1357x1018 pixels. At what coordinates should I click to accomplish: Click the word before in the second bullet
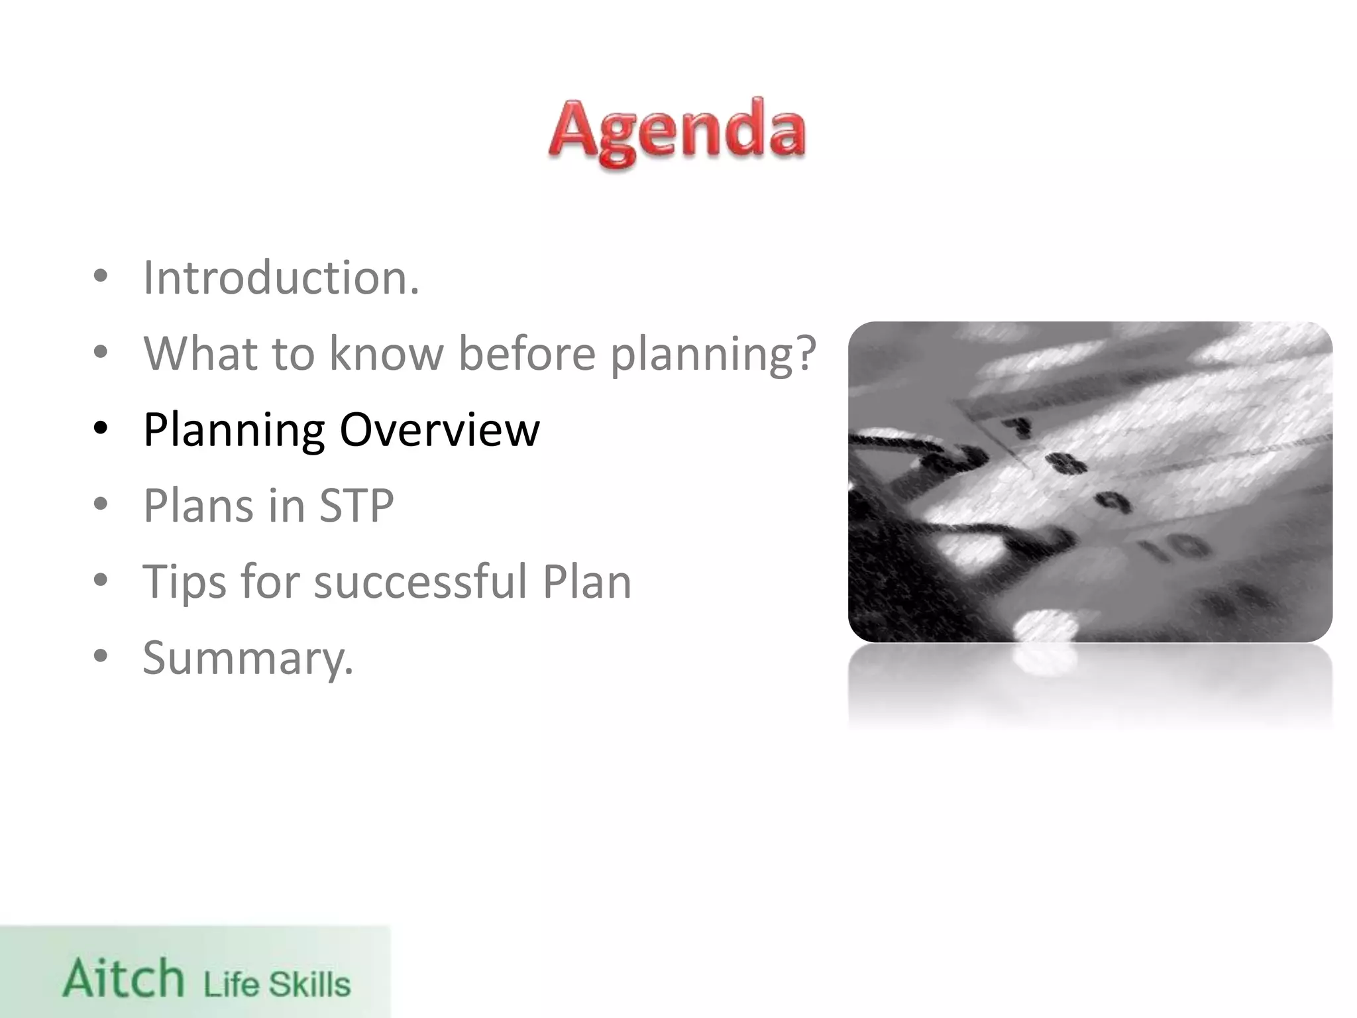[527, 353]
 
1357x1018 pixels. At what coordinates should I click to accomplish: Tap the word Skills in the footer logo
[309, 984]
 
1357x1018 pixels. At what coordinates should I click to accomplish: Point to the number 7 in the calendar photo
[1014, 427]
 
